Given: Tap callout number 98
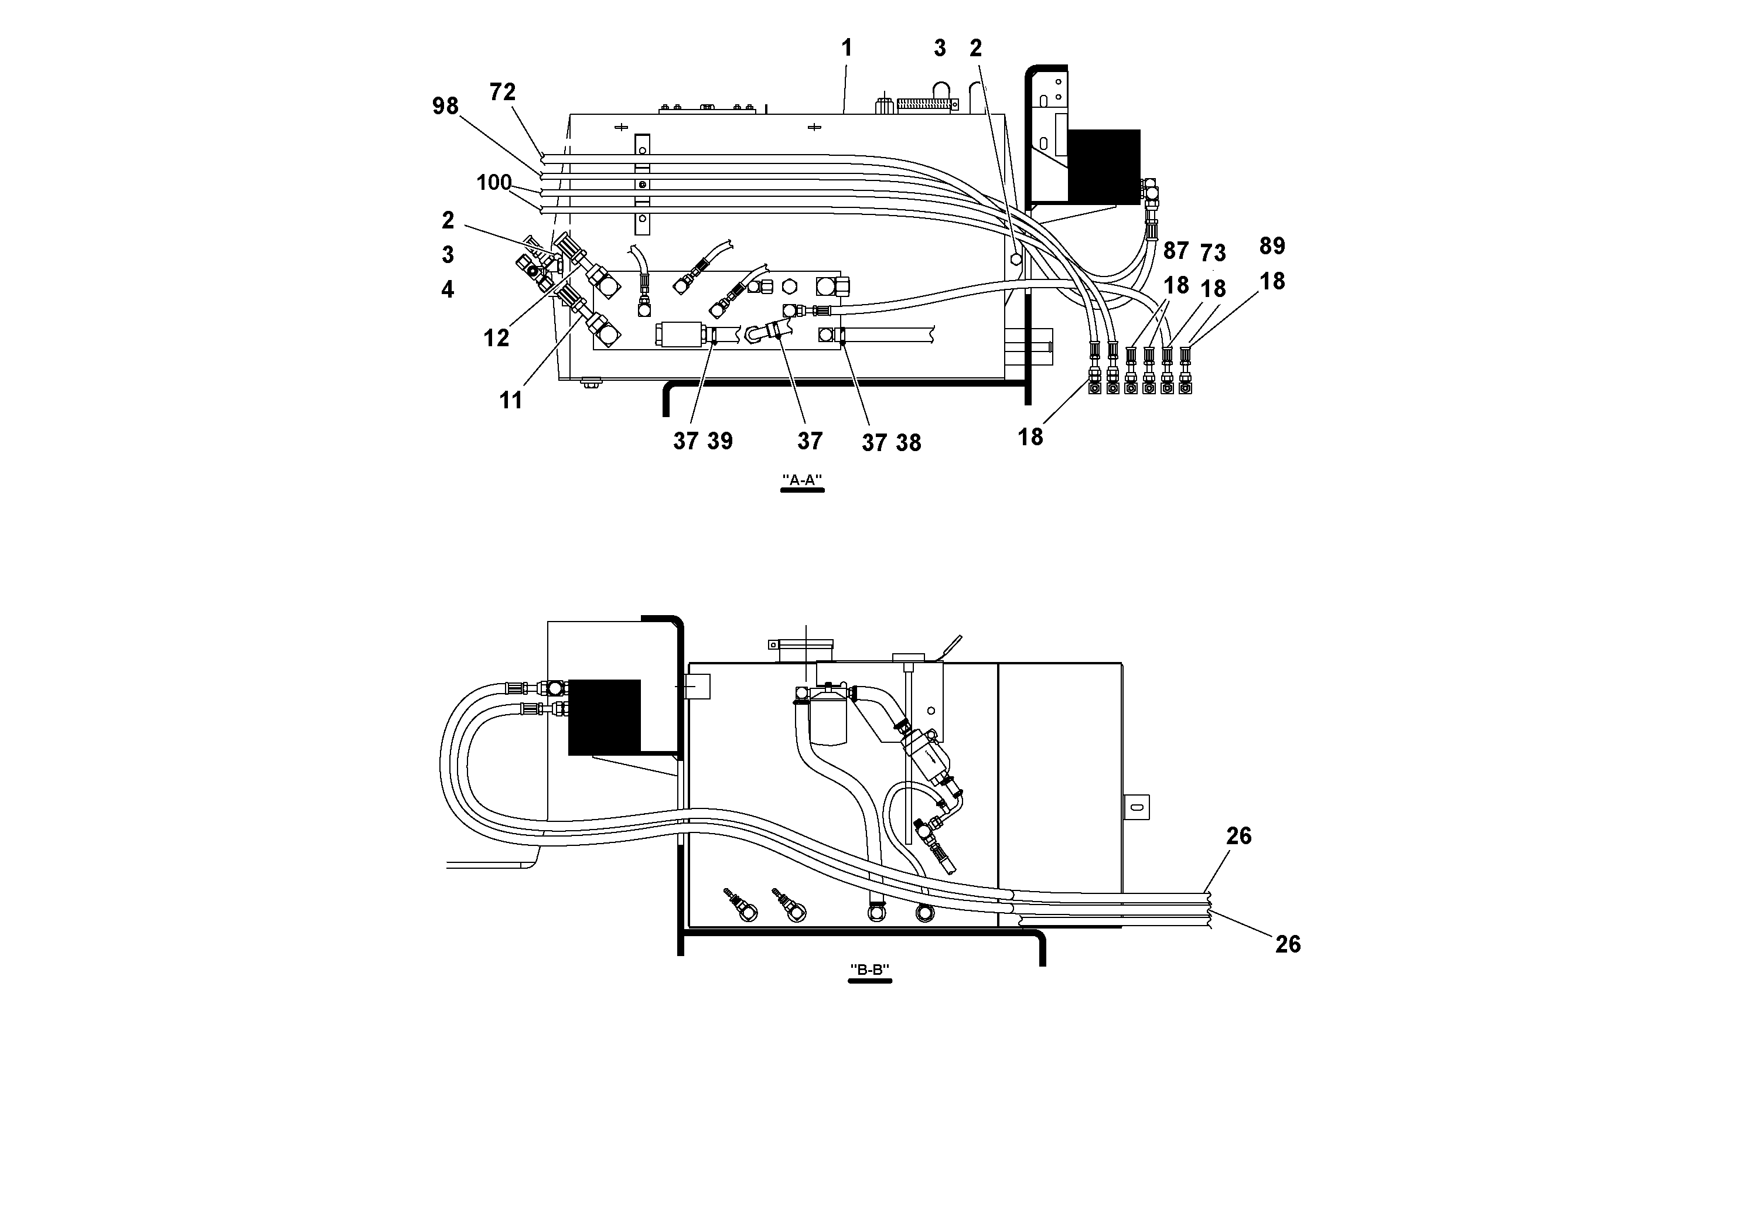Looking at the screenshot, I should coord(445,107).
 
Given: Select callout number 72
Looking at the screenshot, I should coord(502,92).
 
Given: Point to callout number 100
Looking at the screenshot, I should coord(494,183).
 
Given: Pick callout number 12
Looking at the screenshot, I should coord(496,339).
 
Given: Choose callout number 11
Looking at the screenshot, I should coord(510,400).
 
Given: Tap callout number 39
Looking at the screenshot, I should coord(719,441).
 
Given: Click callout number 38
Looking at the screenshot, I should coord(907,443).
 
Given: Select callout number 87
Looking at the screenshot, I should coord(1175,250).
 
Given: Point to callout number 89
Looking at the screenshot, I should coord(1272,246).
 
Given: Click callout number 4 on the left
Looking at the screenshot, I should coord(448,289).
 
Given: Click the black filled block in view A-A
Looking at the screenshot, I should coord(1104,166).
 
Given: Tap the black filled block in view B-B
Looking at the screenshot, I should coord(604,716).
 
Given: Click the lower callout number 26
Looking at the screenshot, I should coord(1288,944).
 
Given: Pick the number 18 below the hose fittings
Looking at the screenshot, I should coord(1030,437).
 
